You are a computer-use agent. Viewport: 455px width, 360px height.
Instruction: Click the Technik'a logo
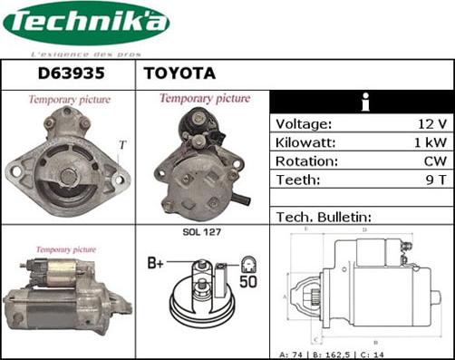point(85,26)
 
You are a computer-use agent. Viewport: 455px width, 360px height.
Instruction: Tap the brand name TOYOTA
point(179,73)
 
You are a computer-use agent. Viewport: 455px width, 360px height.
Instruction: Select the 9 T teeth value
point(434,180)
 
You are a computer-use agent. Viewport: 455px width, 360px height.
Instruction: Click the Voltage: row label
point(304,124)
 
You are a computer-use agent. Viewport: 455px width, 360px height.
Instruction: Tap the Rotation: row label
point(306,161)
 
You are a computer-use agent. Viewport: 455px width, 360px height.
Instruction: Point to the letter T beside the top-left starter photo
point(122,144)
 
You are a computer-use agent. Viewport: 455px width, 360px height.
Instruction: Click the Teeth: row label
point(298,180)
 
